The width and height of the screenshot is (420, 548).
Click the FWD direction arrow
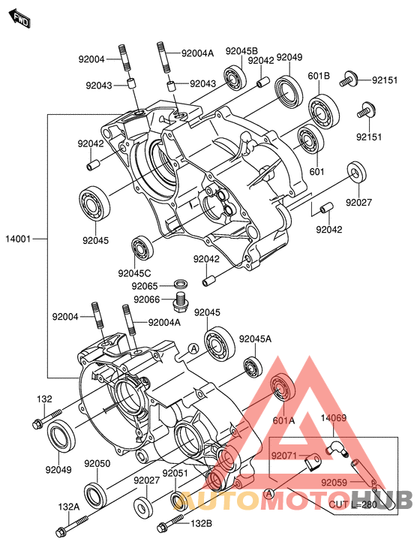coord(20,20)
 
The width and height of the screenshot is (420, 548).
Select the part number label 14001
coord(18,239)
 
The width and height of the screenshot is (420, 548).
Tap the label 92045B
coord(241,51)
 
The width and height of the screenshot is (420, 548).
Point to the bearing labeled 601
coord(310,139)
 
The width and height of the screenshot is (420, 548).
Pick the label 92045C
coord(134,273)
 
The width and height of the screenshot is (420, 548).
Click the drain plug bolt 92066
coord(180,302)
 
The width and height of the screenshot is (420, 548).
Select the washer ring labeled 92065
coord(181,283)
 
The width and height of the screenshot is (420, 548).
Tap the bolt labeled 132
coord(46,419)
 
